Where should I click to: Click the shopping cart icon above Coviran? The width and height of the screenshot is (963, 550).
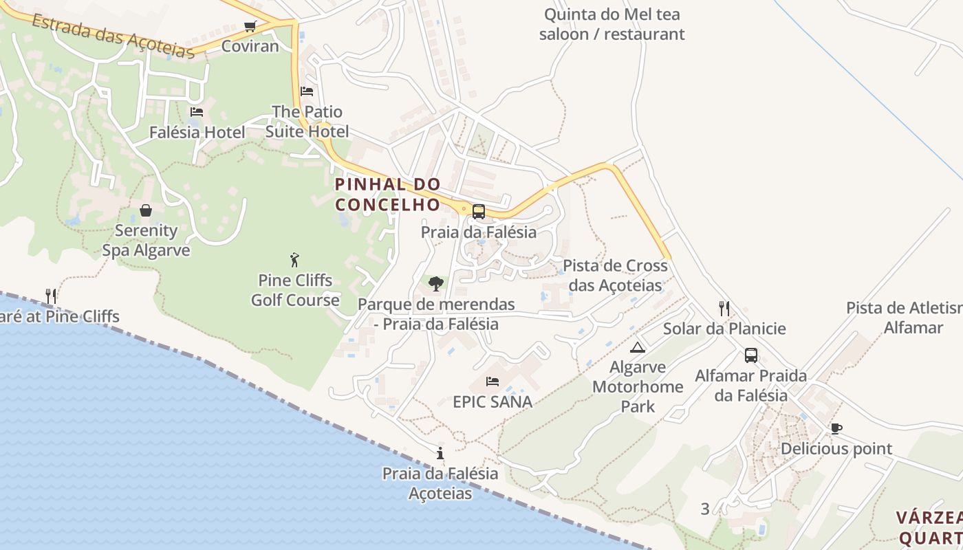(x=250, y=27)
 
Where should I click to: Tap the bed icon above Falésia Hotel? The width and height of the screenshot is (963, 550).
(x=197, y=112)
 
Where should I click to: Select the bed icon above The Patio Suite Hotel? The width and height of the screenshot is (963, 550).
(x=307, y=91)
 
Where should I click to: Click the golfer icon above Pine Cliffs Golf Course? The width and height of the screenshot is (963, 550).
(x=295, y=261)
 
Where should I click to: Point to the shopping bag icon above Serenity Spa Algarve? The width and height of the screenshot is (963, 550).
(x=146, y=210)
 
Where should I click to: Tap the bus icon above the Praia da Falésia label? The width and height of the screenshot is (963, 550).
(x=478, y=212)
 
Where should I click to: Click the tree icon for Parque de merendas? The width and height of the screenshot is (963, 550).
(x=435, y=283)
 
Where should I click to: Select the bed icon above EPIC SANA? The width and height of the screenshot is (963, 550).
(x=493, y=382)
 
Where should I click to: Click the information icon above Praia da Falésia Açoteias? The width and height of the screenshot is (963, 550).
(x=440, y=454)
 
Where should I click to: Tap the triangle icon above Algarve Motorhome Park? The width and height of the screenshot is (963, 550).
(x=638, y=347)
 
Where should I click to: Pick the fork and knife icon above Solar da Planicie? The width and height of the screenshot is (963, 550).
(x=724, y=308)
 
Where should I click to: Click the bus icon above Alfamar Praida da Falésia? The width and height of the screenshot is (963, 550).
(x=751, y=355)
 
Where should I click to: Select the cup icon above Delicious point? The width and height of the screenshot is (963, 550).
(x=836, y=429)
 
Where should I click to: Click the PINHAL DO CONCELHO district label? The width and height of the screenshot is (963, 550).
(x=387, y=195)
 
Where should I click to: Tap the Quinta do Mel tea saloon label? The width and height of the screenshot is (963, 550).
(x=612, y=24)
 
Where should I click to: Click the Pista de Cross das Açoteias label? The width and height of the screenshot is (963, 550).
(x=615, y=275)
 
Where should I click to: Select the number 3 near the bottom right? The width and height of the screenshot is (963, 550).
(x=705, y=509)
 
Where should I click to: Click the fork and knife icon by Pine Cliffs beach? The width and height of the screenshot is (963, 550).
(x=51, y=296)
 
